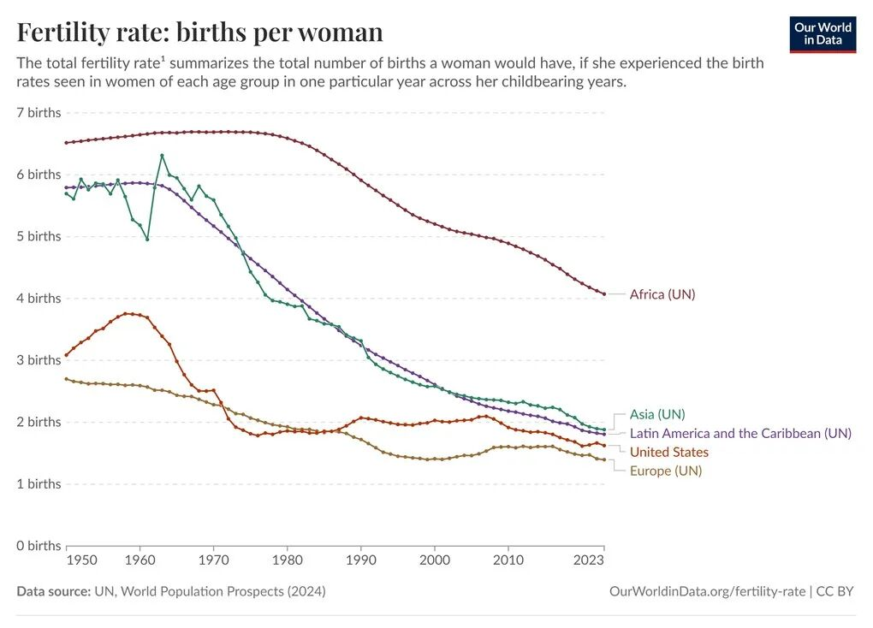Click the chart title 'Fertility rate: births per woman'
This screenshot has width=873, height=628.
click(x=199, y=32)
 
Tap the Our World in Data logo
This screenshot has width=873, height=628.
click(x=822, y=33)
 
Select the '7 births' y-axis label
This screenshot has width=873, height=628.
click(x=39, y=112)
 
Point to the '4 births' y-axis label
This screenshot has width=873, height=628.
click(x=39, y=298)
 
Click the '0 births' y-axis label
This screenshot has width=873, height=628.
click(x=39, y=545)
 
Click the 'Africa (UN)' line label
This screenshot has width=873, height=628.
click(x=662, y=294)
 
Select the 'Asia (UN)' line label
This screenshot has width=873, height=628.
click(x=657, y=415)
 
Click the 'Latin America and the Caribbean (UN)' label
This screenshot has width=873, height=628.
click(x=740, y=433)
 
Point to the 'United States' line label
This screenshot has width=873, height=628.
click(x=669, y=452)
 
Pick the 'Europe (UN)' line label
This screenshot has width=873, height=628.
click(x=666, y=471)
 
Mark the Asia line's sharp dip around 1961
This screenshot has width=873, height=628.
click(x=147, y=239)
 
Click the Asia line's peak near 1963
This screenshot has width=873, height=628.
click(x=162, y=156)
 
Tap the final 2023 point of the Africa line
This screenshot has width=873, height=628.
click(x=604, y=294)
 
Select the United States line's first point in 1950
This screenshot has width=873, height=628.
click(x=66, y=355)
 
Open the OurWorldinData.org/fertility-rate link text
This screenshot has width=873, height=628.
click(x=707, y=591)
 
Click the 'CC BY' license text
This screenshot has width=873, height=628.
click(x=835, y=591)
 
